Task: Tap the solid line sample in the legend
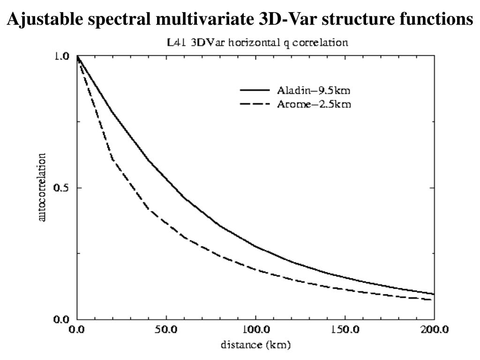[255, 90]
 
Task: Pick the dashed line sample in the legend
[255, 104]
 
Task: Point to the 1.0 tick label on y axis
[62, 56]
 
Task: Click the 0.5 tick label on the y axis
[62, 188]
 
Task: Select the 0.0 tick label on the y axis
[62, 320]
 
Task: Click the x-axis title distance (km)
[255, 346]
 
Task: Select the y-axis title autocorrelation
[42, 187]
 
